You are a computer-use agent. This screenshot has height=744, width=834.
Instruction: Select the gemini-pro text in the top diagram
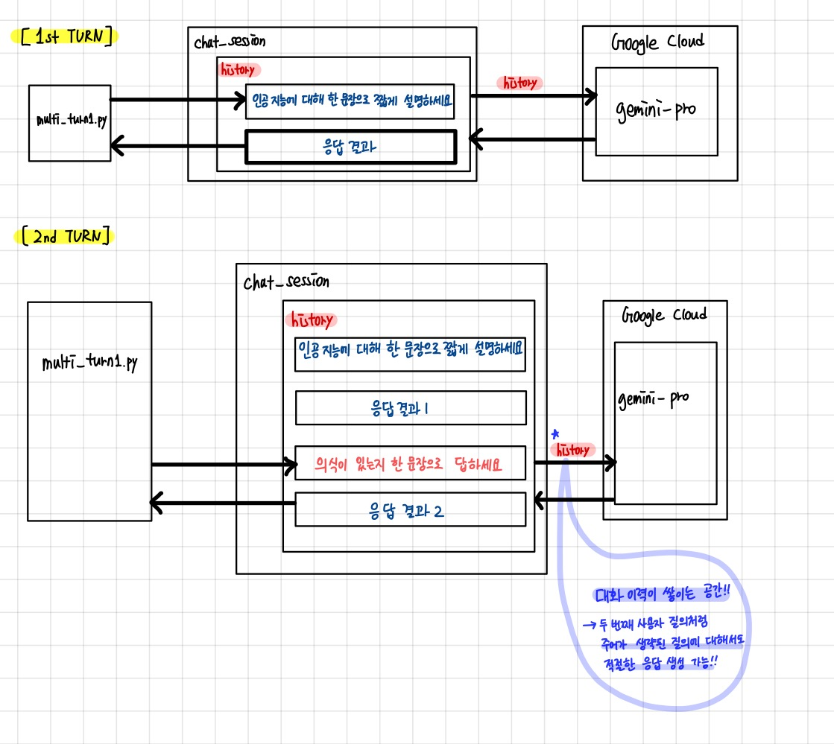point(656,109)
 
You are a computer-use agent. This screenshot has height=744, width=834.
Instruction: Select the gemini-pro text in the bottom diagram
point(654,398)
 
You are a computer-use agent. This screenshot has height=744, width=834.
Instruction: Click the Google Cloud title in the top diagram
point(658,42)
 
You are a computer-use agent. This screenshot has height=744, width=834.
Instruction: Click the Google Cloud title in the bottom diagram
point(664,315)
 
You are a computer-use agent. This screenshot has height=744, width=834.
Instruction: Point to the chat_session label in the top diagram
point(230,42)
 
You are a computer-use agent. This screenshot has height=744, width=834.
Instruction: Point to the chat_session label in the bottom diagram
point(286,282)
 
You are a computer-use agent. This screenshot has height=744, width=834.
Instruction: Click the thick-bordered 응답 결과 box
point(350,147)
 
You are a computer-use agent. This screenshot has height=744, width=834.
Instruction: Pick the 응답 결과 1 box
point(411,407)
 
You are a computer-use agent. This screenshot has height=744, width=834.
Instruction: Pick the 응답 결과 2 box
point(411,510)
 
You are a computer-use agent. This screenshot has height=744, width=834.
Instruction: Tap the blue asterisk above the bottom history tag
point(555,433)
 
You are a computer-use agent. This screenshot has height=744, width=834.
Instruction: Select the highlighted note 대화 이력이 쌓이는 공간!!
point(660,595)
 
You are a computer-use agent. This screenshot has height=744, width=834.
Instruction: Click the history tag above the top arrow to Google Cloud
point(522,83)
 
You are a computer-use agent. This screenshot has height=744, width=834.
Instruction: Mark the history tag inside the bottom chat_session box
point(311,320)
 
